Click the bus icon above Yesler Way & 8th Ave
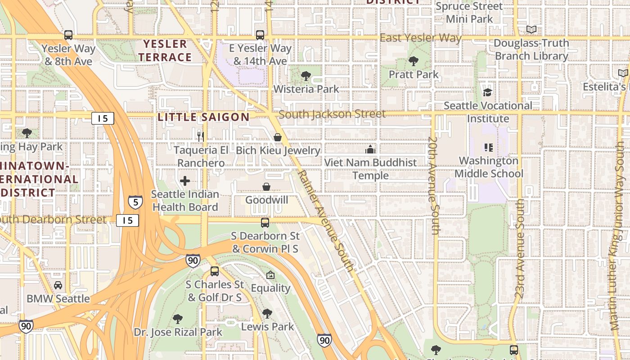coord(68,35)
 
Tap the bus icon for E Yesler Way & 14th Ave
coord(260,35)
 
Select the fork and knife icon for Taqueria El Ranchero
coord(201,136)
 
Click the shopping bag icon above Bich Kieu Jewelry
coord(278,137)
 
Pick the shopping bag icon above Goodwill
coord(266,186)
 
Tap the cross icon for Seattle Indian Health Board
coord(184,181)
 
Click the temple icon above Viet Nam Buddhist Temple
coord(370,149)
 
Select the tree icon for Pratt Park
coord(413,61)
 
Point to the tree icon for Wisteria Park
coord(306,76)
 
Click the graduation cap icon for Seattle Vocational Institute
coord(487,92)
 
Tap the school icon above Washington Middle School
coord(489,147)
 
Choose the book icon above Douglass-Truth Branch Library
coord(531,30)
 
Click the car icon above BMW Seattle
coord(58,285)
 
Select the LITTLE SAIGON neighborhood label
coord(203,117)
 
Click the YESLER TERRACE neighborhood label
coord(165,50)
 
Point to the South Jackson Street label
coord(332,114)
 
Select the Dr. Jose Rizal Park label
coord(178,332)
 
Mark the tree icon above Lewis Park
coord(267,313)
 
